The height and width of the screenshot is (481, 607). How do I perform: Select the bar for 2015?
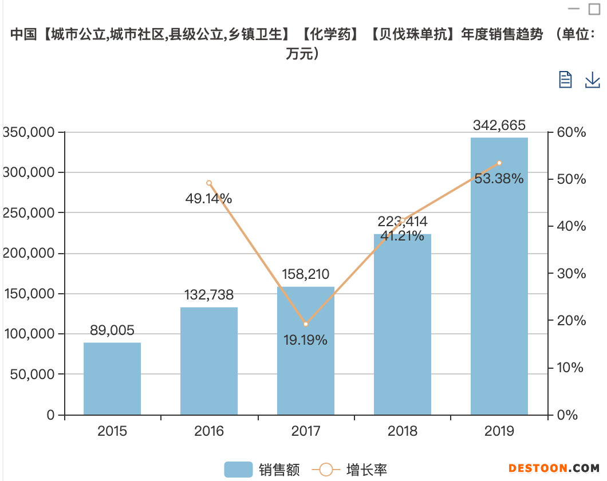[112, 379]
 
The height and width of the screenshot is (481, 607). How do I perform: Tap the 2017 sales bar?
[306, 350]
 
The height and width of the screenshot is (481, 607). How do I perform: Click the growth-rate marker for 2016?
[209, 183]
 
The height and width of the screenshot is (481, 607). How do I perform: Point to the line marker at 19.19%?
[306, 324]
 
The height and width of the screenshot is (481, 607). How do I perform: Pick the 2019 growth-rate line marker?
[499, 163]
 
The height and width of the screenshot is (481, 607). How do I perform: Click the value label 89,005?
[112, 330]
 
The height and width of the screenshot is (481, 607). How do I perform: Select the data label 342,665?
[499, 125]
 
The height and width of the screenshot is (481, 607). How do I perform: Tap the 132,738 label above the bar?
[209, 295]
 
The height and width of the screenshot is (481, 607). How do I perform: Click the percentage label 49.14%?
[208, 199]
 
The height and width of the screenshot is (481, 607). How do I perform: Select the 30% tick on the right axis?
[571, 273]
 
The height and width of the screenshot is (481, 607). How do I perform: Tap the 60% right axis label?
[571, 132]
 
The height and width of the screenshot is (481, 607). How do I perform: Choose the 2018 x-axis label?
[403, 431]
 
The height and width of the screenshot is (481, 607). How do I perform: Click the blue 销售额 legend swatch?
[238, 470]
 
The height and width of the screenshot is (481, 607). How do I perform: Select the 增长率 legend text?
[366, 470]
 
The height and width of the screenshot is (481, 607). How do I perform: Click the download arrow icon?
[592, 80]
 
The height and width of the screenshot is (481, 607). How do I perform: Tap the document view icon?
[565, 80]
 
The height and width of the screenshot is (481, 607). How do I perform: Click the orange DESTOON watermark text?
[538, 468]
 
